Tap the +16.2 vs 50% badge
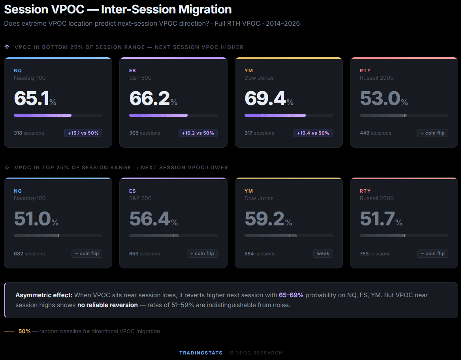click(x=198, y=133)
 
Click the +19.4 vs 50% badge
click(x=313, y=133)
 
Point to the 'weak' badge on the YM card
click(x=323, y=253)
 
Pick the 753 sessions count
click(x=375, y=254)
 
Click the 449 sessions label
click(x=375, y=133)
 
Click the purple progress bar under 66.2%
click(x=158, y=115)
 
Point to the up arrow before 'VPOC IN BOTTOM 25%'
click(x=7, y=47)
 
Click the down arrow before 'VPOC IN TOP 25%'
click(x=7, y=167)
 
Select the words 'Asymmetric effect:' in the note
click(x=44, y=295)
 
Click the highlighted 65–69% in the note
click(x=291, y=295)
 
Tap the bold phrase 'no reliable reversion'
click(x=107, y=305)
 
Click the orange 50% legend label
click(x=24, y=332)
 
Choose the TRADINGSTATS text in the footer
click(x=201, y=353)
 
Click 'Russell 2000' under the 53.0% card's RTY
click(x=376, y=78)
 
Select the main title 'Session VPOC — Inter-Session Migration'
click(x=118, y=9)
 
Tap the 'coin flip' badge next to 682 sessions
click(x=87, y=253)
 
